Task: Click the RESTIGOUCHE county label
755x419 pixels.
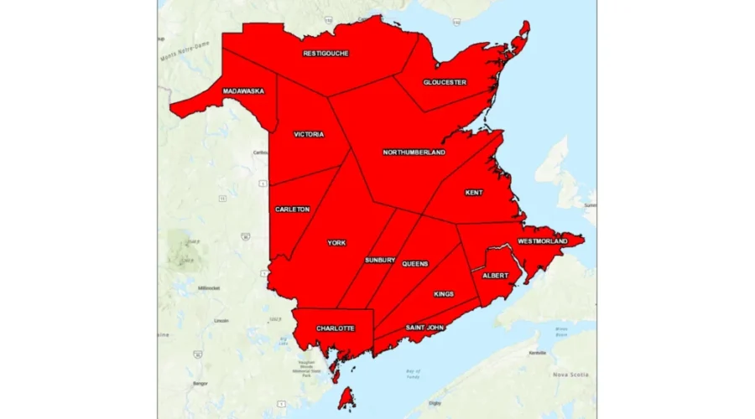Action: [x=325, y=54]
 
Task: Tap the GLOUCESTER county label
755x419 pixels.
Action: [x=445, y=82]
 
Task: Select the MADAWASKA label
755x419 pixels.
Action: [x=243, y=91]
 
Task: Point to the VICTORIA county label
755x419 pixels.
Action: [x=309, y=134]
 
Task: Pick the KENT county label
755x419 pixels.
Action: [x=474, y=193]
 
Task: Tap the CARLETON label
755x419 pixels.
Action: [x=292, y=209]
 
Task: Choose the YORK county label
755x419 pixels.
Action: [x=336, y=243]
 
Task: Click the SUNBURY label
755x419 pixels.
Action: [x=380, y=261]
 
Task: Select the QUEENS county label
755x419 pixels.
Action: [x=414, y=264]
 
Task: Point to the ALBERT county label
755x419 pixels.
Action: [x=495, y=275]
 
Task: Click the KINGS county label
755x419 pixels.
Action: [x=444, y=294]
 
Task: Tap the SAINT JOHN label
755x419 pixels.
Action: [x=424, y=327]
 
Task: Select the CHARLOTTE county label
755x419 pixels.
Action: [x=335, y=328]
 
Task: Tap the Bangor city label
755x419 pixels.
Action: [x=200, y=383]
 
